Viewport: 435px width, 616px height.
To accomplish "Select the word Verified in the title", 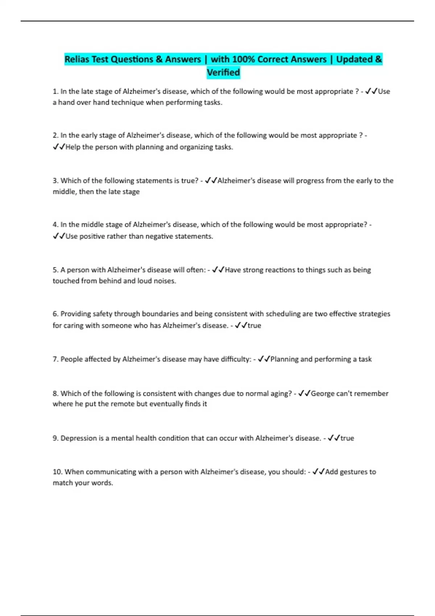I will [x=223, y=72].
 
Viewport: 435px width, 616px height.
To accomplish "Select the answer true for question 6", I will [x=254, y=325].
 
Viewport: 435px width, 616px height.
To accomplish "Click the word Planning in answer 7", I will [x=285, y=359].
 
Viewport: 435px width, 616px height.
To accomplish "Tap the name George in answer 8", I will [x=323, y=394].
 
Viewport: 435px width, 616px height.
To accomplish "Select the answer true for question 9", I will [x=347, y=438].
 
